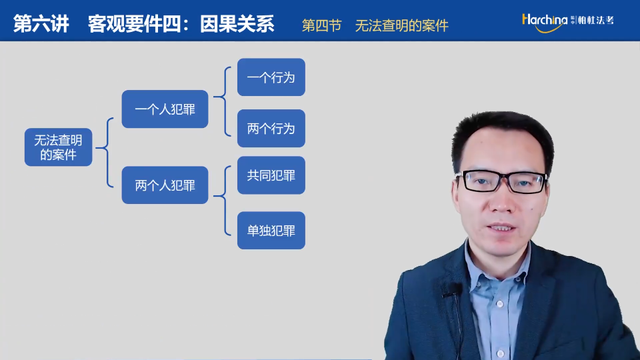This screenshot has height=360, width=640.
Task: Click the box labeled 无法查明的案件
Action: point(59,147)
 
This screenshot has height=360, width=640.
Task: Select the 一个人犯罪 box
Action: point(165,109)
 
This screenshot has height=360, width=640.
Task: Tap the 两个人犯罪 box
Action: point(165,185)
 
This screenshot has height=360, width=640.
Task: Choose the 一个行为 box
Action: point(271,77)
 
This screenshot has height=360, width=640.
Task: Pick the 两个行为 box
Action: point(271,128)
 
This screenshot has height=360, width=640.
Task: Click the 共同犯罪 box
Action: point(271,175)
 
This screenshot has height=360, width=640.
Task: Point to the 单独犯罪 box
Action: point(271,230)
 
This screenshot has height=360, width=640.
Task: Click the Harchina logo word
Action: point(545,22)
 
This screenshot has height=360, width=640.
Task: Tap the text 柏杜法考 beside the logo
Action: point(595,20)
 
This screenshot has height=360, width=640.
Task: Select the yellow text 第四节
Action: point(321,25)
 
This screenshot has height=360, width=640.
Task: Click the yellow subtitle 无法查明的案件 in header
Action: point(401,25)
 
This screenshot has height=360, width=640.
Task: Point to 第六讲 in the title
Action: point(41,23)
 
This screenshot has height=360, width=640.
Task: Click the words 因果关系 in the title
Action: point(237,24)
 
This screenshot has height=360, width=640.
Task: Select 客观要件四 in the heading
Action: point(134,24)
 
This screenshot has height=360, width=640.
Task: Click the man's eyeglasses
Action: point(502,181)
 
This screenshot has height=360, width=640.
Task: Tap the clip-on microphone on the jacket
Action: point(452,289)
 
